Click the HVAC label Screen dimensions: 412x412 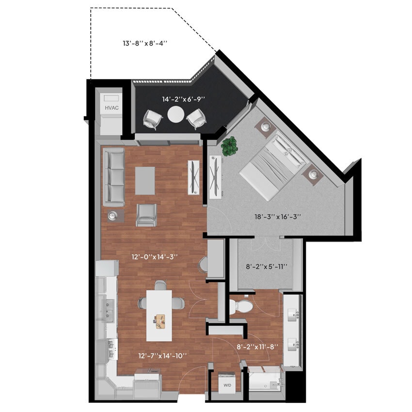pos(111,108)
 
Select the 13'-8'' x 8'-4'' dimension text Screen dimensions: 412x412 pos(145,43)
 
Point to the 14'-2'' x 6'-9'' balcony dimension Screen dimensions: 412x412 pos(183,99)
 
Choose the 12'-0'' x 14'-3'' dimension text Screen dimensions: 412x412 pos(150,257)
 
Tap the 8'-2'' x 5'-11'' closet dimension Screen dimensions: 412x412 pos(267,266)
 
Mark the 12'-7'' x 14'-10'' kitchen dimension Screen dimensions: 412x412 pos(162,356)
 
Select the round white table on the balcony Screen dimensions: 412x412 pos(176,115)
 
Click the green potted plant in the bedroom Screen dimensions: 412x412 pos(229,145)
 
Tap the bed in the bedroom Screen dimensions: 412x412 pos(272,165)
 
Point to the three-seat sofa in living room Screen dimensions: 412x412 pos(113,177)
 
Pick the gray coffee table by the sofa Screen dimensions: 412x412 pos(145,180)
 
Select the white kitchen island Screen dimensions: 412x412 pos(159,315)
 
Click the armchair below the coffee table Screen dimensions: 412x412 pos(146,215)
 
